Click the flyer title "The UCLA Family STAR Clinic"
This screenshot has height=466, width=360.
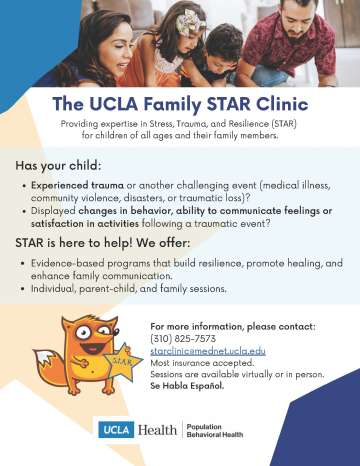pos(180,103)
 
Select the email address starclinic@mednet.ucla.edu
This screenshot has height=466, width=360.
pos(208,352)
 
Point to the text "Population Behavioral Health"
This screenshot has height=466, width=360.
pos(220,430)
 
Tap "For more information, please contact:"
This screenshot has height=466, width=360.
pos(218,326)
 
